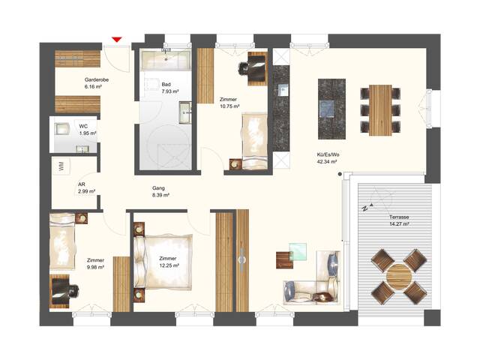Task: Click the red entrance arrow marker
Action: pyautogui.click(x=116, y=40)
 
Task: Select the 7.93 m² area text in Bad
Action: pyautogui.click(x=171, y=92)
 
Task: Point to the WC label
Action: pyautogui.click(x=84, y=126)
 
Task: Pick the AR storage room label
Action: pyautogui.click(x=81, y=184)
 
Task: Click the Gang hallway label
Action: pyautogui.click(x=158, y=188)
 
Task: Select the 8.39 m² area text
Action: pyautogui.click(x=160, y=195)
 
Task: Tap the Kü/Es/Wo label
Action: pyautogui.click(x=326, y=154)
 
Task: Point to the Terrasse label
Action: pyautogui.click(x=399, y=216)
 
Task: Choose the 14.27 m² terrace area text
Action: pyautogui.click(x=400, y=223)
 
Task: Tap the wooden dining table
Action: pyautogui.click(x=381, y=109)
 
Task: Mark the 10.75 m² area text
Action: pyautogui.click(x=229, y=106)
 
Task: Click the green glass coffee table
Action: pyautogui.click(x=299, y=251)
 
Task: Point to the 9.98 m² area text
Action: pyautogui.click(x=95, y=266)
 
